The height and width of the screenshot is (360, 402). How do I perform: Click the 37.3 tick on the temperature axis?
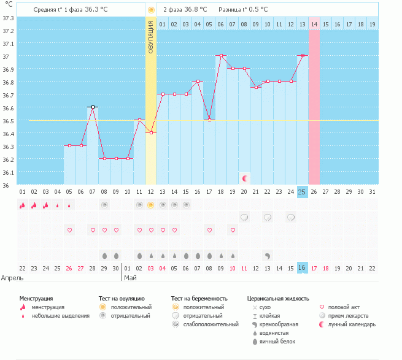click(8, 18)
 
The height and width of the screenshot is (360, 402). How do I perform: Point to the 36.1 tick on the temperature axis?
click(8, 172)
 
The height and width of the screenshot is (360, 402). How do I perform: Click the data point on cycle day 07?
click(93, 107)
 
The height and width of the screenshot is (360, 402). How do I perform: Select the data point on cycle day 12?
click(151, 132)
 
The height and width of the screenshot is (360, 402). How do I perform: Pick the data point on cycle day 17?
click(209, 120)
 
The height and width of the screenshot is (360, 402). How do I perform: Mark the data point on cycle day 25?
click(303, 55)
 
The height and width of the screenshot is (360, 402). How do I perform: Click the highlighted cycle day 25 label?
click(302, 191)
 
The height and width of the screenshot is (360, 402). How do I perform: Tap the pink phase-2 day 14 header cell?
click(314, 24)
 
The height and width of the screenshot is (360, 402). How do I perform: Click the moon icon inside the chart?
click(245, 178)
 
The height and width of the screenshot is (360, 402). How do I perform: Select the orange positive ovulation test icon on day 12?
click(151, 205)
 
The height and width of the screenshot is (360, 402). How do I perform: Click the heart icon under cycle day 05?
click(69, 230)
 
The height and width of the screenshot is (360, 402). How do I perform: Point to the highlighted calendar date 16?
click(302, 268)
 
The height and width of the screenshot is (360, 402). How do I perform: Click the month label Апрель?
click(12, 277)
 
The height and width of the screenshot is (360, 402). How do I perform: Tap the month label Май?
click(131, 277)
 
